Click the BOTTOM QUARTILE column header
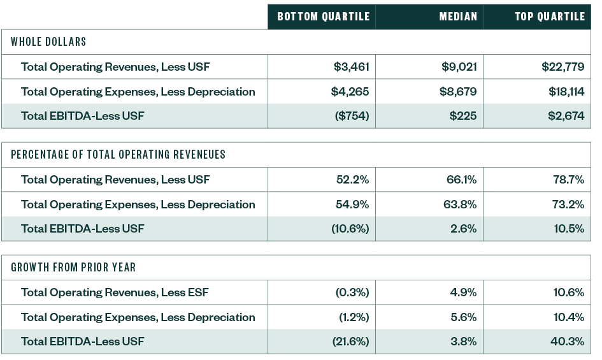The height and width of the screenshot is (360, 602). pyautogui.click(x=324, y=17)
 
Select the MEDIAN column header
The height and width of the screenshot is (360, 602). pyautogui.click(x=458, y=17)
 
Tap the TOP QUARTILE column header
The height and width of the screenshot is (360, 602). pyautogui.click(x=550, y=17)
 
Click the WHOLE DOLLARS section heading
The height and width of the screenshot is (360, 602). pyautogui.click(x=48, y=42)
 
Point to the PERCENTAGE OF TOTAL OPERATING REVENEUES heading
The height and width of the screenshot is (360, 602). pyautogui.click(x=118, y=155)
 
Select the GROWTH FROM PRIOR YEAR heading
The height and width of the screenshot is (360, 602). pyautogui.click(x=73, y=268)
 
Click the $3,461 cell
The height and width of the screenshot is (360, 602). pyautogui.click(x=351, y=67)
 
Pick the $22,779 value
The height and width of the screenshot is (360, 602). pyautogui.click(x=563, y=67)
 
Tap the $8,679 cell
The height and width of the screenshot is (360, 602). pyautogui.click(x=458, y=92)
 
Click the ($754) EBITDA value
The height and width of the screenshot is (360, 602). pyautogui.click(x=351, y=117)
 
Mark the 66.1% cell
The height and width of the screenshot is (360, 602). pyautogui.click(x=461, y=180)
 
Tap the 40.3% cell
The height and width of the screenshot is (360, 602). pyautogui.click(x=567, y=342)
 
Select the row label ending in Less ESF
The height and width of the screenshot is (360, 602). pyautogui.click(x=115, y=292)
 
